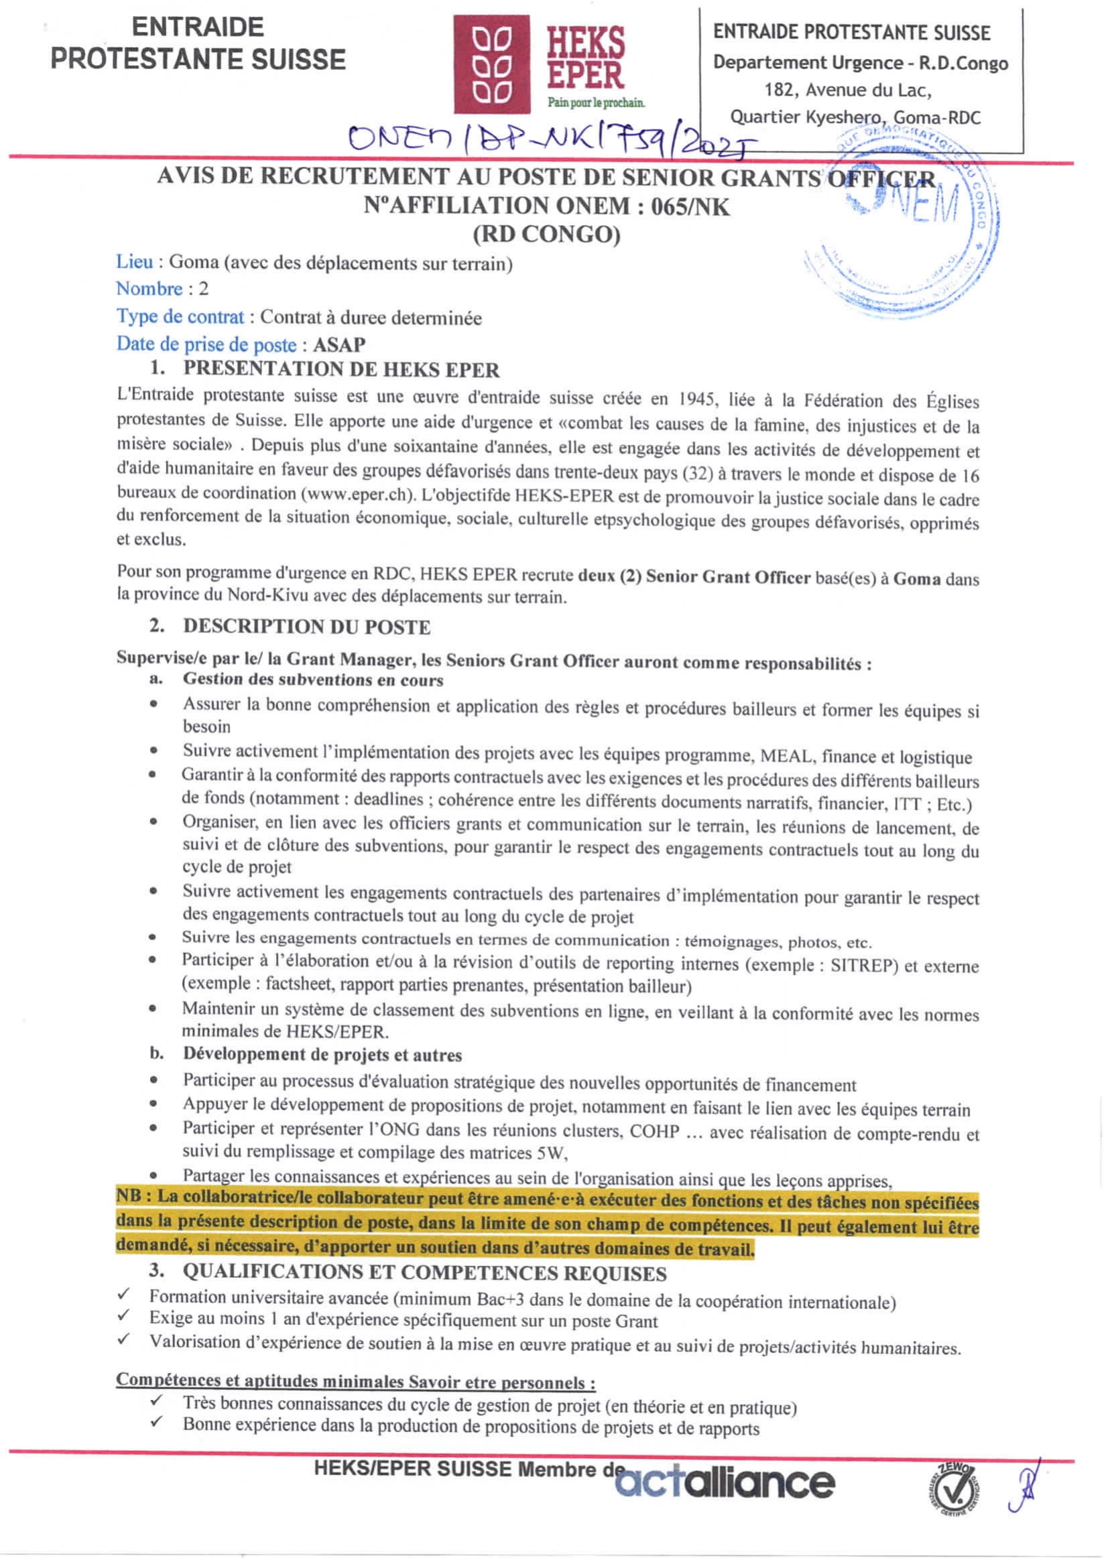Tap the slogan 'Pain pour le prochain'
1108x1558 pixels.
596,103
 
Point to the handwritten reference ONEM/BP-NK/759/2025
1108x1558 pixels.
549,139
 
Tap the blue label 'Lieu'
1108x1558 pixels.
134,262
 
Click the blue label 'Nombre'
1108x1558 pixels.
149,289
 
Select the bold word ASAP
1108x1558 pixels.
339,344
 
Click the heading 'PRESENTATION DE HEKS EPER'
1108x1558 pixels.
341,371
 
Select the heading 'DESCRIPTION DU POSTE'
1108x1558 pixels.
306,627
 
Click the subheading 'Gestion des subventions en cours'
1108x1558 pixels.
313,680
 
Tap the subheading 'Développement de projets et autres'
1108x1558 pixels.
322,1055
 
